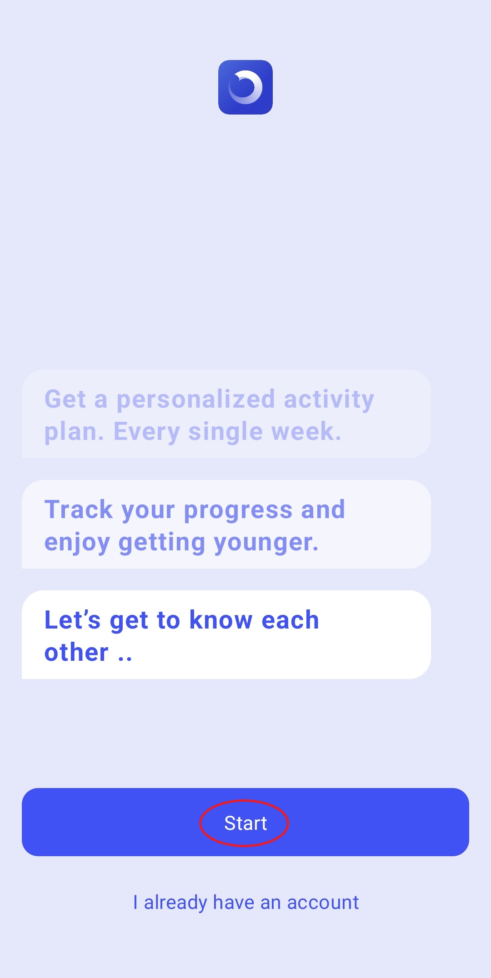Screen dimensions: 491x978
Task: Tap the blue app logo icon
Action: click(x=245, y=87)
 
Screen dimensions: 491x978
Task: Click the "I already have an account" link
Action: click(x=246, y=903)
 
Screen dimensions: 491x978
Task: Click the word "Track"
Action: click(x=78, y=509)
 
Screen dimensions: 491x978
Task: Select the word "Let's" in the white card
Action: click(x=72, y=620)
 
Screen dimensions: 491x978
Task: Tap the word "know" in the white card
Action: click(x=221, y=620)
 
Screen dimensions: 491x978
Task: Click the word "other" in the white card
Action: click(x=76, y=653)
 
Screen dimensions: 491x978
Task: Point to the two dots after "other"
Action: click(x=125, y=659)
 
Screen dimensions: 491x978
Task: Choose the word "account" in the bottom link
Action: click(x=323, y=903)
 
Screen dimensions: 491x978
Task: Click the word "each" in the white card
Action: click(x=290, y=620)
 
